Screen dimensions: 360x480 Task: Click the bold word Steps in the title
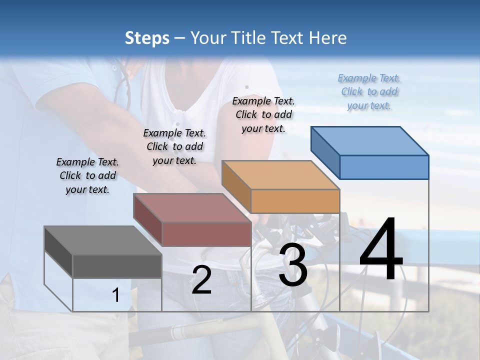pyautogui.click(x=147, y=38)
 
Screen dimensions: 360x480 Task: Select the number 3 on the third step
pyautogui.click(x=292, y=265)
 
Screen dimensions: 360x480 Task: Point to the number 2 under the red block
pyautogui.click(x=201, y=280)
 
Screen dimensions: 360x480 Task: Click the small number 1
pyautogui.click(x=115, y=295)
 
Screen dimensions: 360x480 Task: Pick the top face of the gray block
pyautogui.click(x=102, y=240)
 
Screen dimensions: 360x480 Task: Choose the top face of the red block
pyautogui.click(x=192, y=207)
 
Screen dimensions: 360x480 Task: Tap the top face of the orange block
pyautogui.click(x=280, y=175)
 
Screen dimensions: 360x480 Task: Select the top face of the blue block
pyautogui.click(x=370, y=141)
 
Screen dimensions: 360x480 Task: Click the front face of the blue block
pyautogui.click(x=384, y=167)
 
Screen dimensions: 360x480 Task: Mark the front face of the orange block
pyautogui.click(x=295, y=201)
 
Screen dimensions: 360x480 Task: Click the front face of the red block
pyautogui.click(x=206, y=234)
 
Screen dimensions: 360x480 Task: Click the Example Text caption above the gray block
pyautogui.click(x=87, y=176)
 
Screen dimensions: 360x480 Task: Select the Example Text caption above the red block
pyautogui.click(x=174, y=147)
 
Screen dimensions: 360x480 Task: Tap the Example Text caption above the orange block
pyautogui.click(x=263, y=114)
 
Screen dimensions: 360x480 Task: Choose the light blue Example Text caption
pyautogui.click(x=369, y=92)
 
